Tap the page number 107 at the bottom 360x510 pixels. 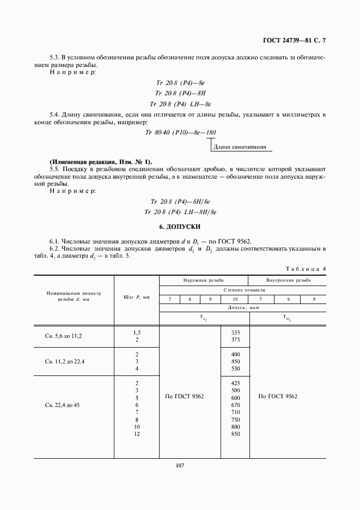[180, 466]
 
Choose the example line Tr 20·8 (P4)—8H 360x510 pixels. [180, 93]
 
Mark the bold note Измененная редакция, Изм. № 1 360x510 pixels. [101, 162]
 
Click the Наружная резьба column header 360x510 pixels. [203, 281]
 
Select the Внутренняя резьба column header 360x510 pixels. [288, 281]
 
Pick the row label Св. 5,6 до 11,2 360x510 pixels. [63, 336]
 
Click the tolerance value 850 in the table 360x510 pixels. [235, 434]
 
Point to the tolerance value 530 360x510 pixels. [235, 369]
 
